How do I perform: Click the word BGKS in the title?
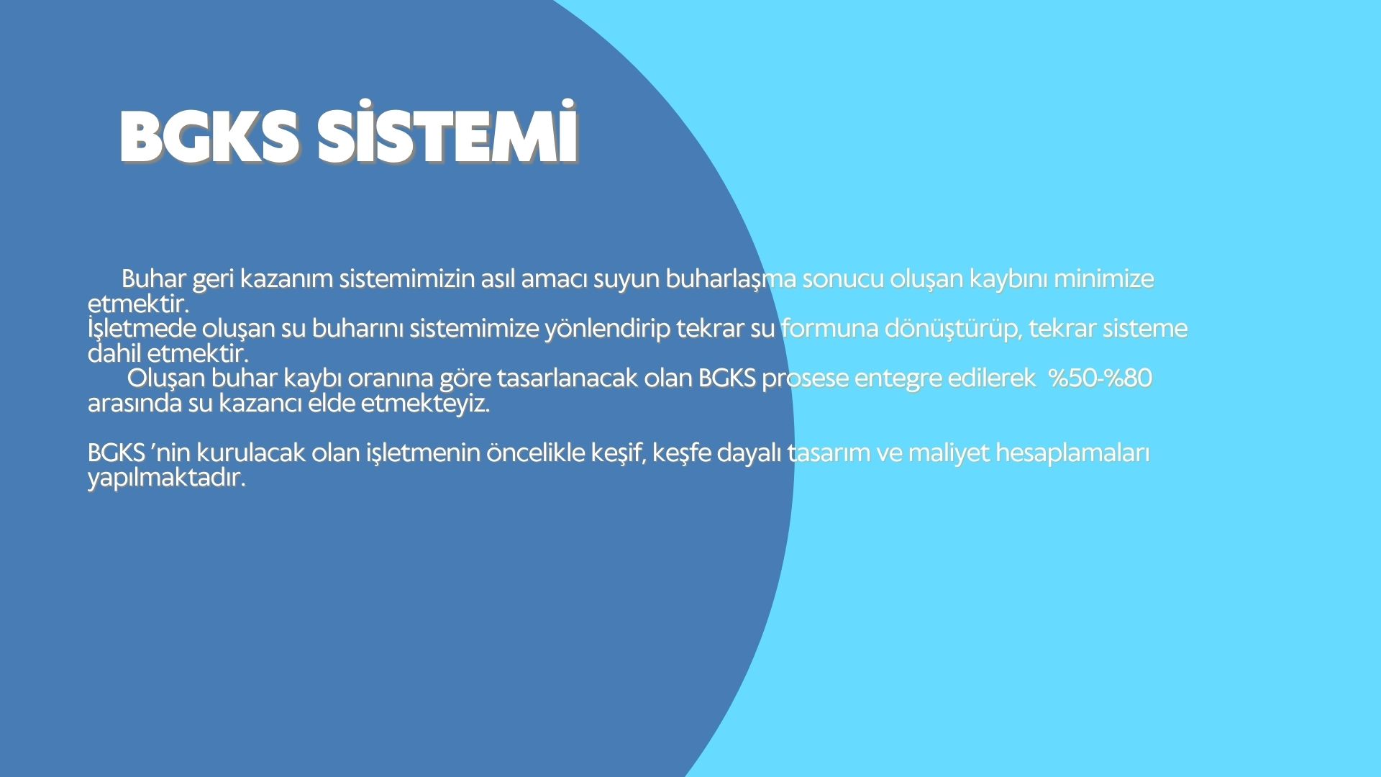point(209,137)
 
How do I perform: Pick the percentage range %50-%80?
point(1100,378)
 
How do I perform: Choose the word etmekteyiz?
point(425,404)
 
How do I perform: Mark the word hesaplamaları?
point(1072,455)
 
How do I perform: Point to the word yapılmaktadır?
point(167,479)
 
